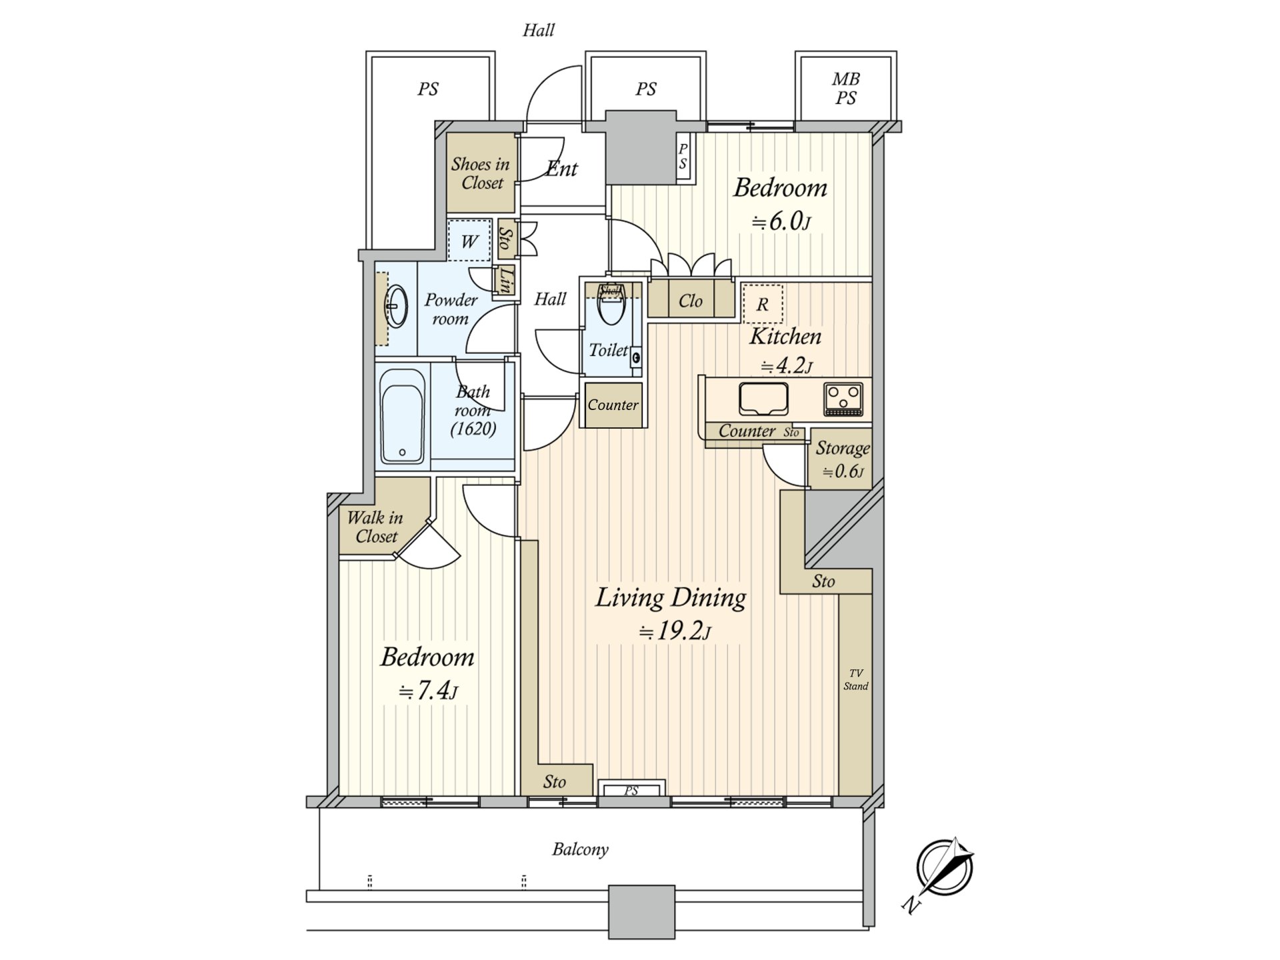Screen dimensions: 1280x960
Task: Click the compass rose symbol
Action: (944, 868)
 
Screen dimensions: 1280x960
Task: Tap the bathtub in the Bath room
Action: (402, 416)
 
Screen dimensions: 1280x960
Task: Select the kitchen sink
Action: (763, 399)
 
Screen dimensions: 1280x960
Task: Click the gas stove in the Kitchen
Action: (843, 399)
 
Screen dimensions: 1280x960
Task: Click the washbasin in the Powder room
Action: (397, 307)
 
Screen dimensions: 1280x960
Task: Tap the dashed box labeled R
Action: (763, 304)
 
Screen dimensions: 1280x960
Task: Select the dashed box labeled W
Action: (469, 241)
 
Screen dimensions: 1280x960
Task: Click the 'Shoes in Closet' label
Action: (480, 173)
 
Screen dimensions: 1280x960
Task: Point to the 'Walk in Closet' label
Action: (375, 527)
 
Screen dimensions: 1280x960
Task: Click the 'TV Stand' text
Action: (856, 680)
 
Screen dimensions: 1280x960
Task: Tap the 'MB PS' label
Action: (846, 89)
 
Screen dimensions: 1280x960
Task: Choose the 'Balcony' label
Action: (580, 849)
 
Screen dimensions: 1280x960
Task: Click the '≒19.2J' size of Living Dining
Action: (675, 631)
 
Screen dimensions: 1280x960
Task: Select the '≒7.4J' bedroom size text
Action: (428, 691)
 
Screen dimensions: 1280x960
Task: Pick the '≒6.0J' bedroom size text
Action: (781, 221)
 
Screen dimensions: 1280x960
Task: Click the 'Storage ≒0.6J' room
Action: (839, 459)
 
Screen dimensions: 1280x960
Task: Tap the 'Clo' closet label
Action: (691, 301)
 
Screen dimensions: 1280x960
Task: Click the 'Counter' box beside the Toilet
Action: (613, 405)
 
